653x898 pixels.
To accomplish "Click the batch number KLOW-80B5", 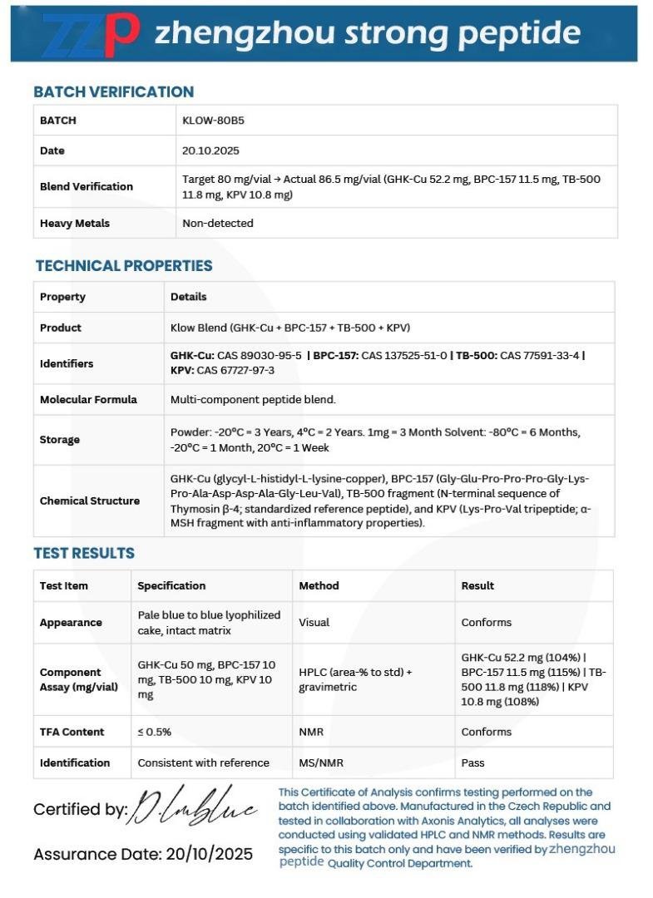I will click(x=213, y=120).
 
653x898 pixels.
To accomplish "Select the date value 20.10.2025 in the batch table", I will click(x=206, y=150).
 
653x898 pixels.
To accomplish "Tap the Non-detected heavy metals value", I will click(x=218, y=223).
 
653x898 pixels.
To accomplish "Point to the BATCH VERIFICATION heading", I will click(x=113, y=91).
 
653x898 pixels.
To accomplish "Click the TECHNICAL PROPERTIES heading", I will click(x=124, y=265).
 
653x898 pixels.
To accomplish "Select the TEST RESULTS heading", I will click(x=84, y=553).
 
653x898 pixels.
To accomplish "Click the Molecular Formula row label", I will click(x=88, y=399).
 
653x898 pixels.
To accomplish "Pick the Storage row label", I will click(x=60, y=439).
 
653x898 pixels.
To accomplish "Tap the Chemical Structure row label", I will click(x=90, y=501).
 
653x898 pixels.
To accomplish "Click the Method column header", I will click(x=319, y=585).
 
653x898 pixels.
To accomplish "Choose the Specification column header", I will click(x=171, y=585).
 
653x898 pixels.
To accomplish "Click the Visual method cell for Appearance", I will click(x=314, y=622).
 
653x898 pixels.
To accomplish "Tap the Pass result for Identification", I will click(x=472, y=762).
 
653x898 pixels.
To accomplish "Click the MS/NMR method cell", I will click(x=321, y=762).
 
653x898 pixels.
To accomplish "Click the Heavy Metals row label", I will click(x=75, y=223).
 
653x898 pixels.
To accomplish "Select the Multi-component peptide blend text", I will click(x=253, y=399).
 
